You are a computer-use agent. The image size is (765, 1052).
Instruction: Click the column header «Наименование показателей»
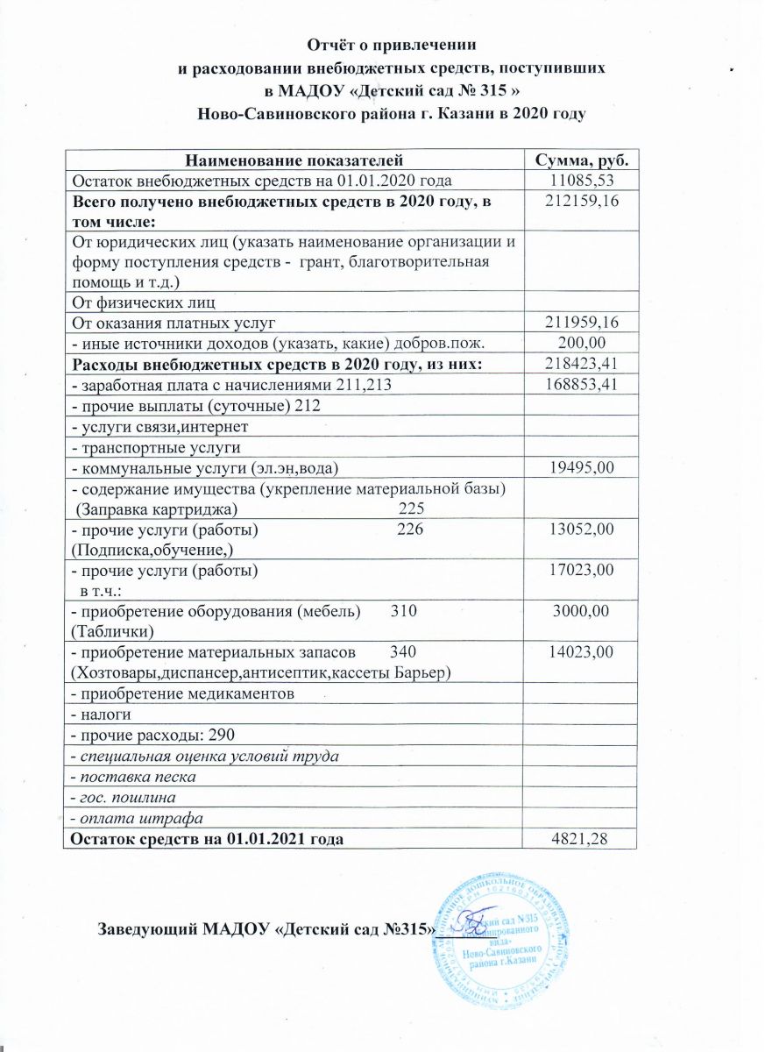coord(293,160)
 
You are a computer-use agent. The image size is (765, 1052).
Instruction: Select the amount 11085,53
coord(580,181)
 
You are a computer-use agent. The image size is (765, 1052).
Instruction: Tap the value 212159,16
coord(580,203)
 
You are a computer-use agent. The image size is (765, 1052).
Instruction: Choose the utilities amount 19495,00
coord(580,468)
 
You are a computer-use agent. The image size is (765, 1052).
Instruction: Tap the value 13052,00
coord(580,530)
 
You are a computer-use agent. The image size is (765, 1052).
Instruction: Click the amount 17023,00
coord(580,571)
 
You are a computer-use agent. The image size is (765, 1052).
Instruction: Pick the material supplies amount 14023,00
coord(580,651)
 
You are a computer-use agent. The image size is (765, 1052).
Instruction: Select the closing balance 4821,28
coord(580,839)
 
